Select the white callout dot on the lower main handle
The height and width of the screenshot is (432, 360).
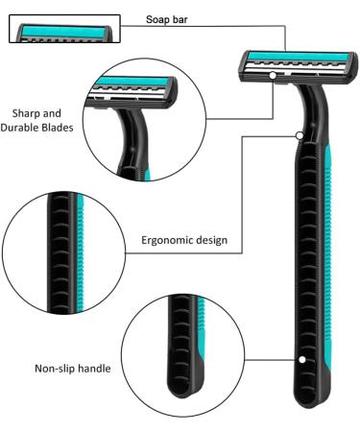301,359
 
